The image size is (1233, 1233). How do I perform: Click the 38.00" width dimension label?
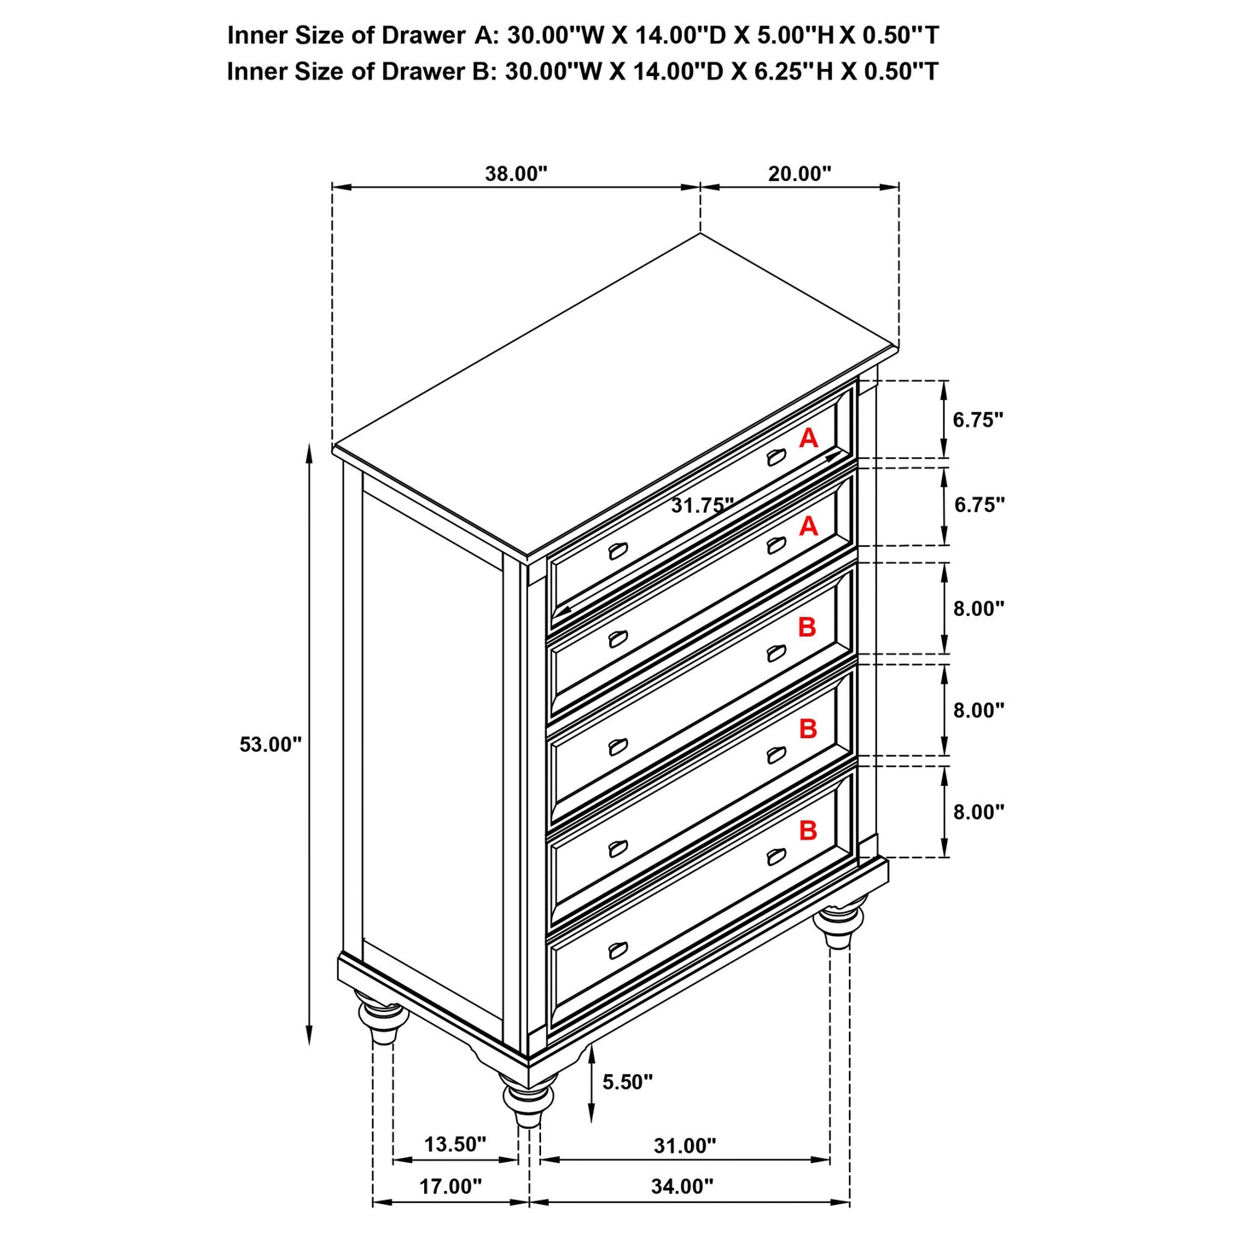point(515,174)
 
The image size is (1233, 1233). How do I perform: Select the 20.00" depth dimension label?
point(799,174)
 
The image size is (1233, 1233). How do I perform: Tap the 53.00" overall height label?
point(270,744)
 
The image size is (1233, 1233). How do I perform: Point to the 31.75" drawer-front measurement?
point(701,505)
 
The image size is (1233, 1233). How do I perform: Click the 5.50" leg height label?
point(627,1082)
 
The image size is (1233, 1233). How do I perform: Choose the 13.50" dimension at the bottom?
point(455,1144)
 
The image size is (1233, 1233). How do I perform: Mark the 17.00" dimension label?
point(451,1186)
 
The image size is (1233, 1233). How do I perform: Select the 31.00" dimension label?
point(685,1145)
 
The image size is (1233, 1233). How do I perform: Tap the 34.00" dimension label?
point(683,1186)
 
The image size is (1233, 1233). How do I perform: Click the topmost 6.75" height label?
point(978,420)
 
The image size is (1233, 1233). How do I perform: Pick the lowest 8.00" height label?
point(979,811)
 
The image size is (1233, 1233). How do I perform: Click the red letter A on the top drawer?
point(808,439)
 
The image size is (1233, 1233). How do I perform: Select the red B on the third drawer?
point(806,628)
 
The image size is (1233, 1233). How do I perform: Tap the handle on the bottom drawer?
point(618,950)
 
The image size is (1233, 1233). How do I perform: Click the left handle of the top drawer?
point(618,551)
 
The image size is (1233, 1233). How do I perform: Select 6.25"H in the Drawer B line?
point(793,72)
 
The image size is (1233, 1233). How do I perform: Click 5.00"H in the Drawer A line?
point(794,35)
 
